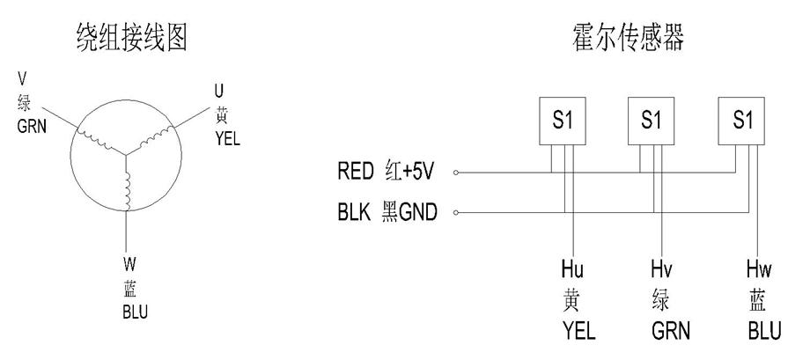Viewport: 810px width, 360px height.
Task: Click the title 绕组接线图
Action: (x=131, y=38)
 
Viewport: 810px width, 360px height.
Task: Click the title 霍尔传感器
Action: (x=628, y=37)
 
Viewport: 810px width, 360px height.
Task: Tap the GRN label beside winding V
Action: (x=32, y=126)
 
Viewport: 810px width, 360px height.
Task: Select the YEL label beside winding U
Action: (x=228, y=138)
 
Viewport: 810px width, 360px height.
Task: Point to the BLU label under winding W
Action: (x=136, y=312)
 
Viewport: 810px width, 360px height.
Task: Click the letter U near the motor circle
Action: (x=219, y=92)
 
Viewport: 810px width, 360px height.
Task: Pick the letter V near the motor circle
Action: (x=22, y=78)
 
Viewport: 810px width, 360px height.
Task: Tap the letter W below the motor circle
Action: (x=129, y=264)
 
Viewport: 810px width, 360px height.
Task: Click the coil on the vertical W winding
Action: (x=127, y=189)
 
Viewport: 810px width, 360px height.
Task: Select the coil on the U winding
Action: (x=156, y=137)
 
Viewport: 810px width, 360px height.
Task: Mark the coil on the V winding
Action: (x=94, y=139)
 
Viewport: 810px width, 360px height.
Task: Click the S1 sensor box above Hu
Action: (x=563, y=121)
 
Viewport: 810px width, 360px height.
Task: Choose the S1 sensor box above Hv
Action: (x=651, y=121)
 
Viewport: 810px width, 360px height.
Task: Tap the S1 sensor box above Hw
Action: (x=742, y=121)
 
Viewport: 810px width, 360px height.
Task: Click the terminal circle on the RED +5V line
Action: (x=456, y=173)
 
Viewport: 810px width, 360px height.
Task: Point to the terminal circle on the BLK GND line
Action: (x=456, y=212)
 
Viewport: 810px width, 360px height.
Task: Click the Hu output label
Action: (x=572, y=268)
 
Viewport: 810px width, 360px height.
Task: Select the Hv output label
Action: (x=661, y=268)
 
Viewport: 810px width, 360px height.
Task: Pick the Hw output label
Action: (x=759, y=268)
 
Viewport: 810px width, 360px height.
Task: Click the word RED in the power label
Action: (x=356, y=172)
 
